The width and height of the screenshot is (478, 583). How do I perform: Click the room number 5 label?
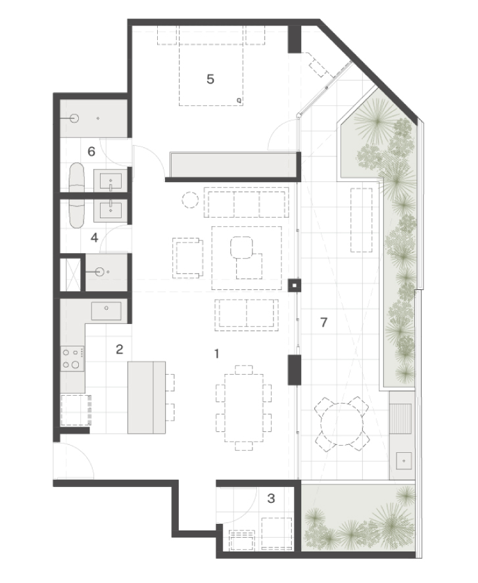210,79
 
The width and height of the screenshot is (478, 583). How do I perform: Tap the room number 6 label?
91,151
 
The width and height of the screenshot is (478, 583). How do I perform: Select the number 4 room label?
95,237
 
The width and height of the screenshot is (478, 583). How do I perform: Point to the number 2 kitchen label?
120,349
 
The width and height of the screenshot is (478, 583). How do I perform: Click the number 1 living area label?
216,354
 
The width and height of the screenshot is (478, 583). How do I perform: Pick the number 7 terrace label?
323,322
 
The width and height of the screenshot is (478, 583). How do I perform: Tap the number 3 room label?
271,498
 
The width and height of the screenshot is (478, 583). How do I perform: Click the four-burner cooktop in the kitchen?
72,358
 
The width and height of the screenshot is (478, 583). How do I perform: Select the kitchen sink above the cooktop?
107,311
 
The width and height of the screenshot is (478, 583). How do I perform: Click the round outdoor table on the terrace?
342,425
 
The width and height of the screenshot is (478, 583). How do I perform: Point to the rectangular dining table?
244,408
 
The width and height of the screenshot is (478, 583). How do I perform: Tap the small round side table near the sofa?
191,200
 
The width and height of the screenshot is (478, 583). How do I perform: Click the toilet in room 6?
78,177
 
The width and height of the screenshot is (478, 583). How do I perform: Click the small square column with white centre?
295,285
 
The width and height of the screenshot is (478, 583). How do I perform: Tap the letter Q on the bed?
239,101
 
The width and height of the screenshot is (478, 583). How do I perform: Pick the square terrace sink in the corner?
404,461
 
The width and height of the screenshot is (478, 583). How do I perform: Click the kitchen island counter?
147,397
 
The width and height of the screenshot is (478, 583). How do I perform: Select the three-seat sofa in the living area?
247,202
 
